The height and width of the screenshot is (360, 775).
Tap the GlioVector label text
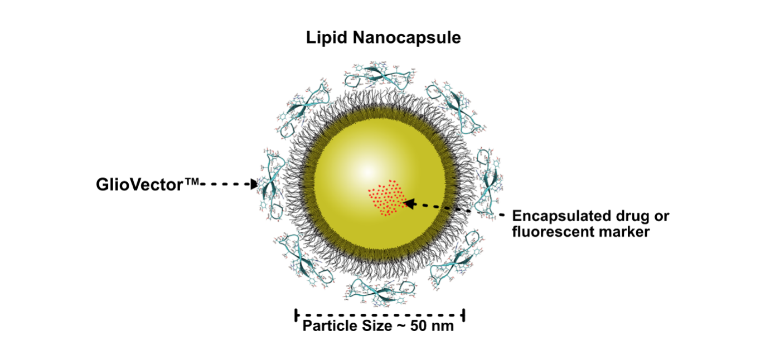147,184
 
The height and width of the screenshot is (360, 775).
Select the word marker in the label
626,231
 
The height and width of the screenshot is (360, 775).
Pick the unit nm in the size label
443,326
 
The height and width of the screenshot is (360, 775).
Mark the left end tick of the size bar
296,315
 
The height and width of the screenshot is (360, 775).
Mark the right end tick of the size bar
464,315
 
